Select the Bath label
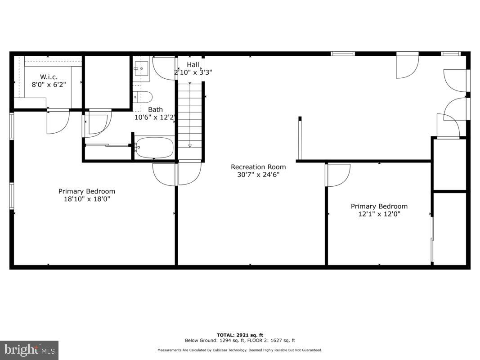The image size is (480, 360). tap(156, 109)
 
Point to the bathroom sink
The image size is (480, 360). tap(140, 69)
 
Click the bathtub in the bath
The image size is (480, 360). tap(154, 148)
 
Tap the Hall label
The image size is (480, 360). tap(193, 65)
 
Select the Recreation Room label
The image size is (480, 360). tap(258, 167)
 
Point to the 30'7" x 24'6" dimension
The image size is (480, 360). tap(258, 175)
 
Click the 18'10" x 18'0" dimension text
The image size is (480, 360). tap(87, 198)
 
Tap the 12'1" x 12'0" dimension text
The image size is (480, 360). tap(379, 214)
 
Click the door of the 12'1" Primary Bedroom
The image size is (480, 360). tap(337, 175)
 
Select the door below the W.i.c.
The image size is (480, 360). tap(58, 121)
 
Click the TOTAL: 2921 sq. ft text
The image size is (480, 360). tap(240, 335)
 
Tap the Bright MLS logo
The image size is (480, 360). tap(29, 350)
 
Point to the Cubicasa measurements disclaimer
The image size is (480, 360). tap(240, 350)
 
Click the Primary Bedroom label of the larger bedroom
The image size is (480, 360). tap(87, 191)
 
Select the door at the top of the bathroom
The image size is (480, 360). tap(164, 67)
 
